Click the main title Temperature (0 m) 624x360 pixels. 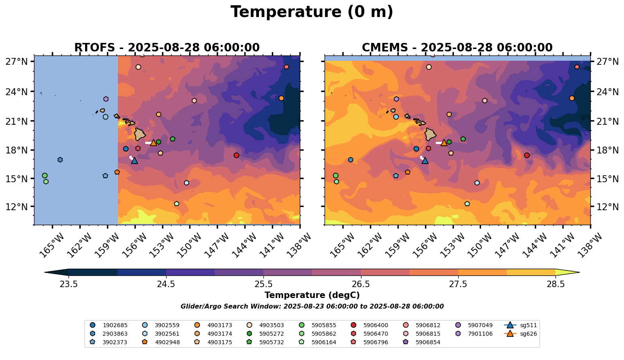pyautogui.click(x=312, y=12)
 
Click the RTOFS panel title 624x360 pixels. pyautogui.click(x=167, y=48)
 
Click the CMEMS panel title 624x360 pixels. pyautogui.click(x=457, y=48)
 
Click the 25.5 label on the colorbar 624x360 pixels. pyautogui.click(x=263, y=284)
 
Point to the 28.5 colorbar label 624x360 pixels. pyautogui.click(x=556, y=284)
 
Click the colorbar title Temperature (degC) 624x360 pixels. pyautogui.click(x=312, y=295)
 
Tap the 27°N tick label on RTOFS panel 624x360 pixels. pyautogui.click(x=17, y=62)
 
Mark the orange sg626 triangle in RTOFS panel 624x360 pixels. pyautogui.click(x=154, y=143)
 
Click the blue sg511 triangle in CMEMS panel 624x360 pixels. pyautogui.click(x=425, y=161)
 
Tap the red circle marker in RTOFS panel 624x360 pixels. pyautogui.click(x=236, y=155)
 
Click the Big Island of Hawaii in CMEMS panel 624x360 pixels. pyautogui.click(x=430, y=134)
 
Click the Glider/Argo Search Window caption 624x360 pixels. pyautogui.click(x=312, y=307)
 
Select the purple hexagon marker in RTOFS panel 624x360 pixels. pyautogui.click(x=106, y=99)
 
